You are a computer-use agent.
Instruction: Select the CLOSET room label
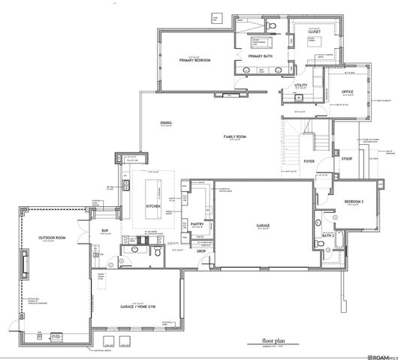[314, 32]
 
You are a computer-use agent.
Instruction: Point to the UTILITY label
[301, 85]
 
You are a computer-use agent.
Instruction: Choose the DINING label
[167, 123]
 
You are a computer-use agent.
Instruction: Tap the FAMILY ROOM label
[235, 136]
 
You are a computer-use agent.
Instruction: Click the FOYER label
[308, 160]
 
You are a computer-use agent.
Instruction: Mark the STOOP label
[348, 159]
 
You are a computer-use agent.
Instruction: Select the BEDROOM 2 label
[354, 202]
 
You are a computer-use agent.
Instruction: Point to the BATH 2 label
[327, 235]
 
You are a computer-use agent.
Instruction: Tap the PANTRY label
[198, 223]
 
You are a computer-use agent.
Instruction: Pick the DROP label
[202, 251]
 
